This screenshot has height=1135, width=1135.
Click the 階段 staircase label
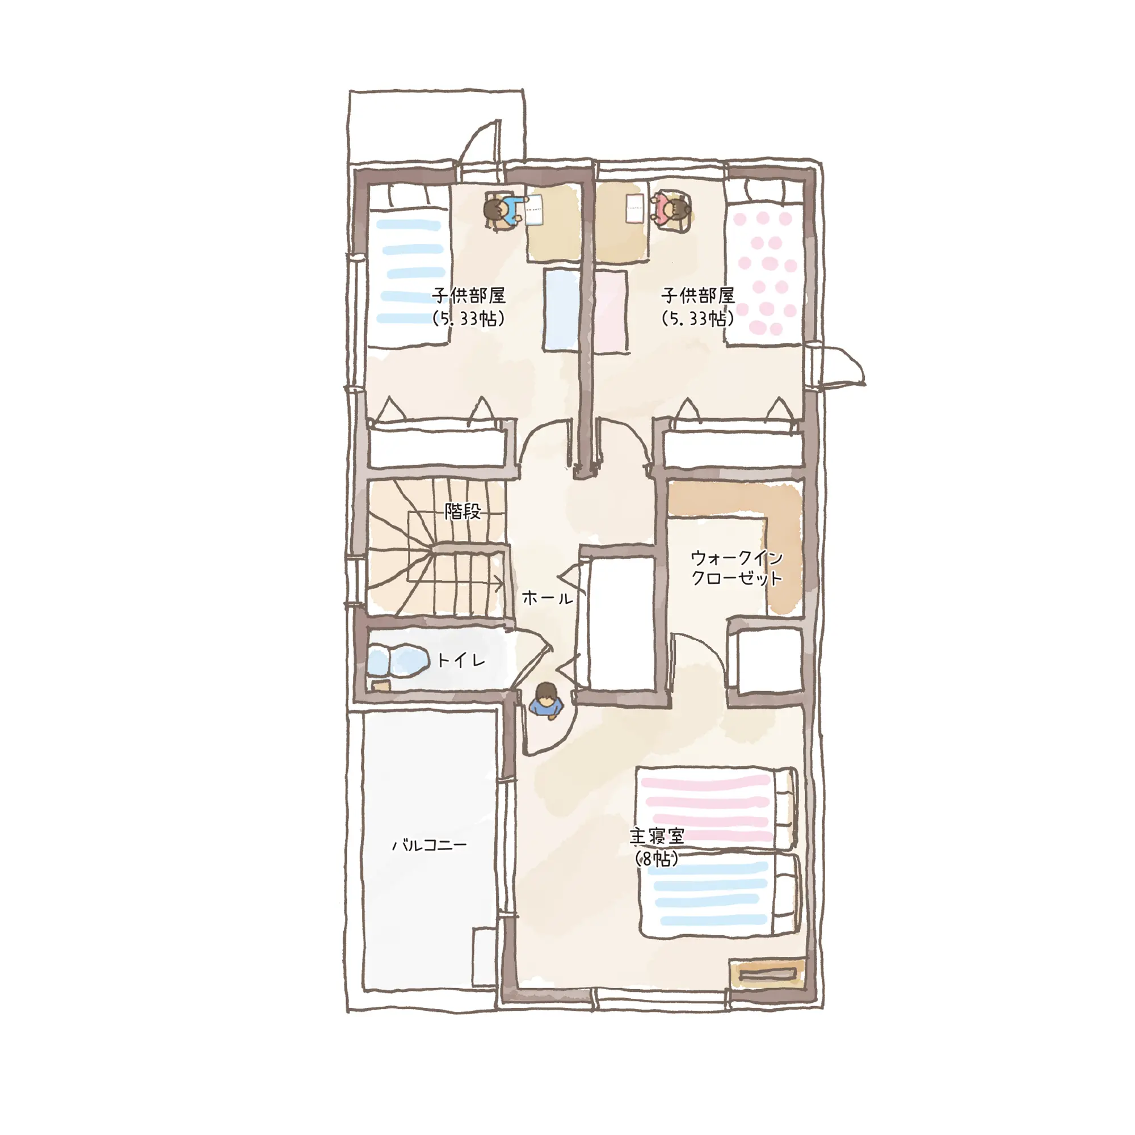point(463,512)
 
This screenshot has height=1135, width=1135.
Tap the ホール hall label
point(547,599)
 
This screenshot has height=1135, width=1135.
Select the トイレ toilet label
point(461,661)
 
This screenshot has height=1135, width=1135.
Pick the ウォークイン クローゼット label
point(737,568)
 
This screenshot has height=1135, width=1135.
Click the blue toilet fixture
point(398,661)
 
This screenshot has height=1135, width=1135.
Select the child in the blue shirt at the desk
point(503,211)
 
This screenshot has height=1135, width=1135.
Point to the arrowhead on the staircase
point(499,584)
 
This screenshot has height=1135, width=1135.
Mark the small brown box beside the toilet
point(381,685)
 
